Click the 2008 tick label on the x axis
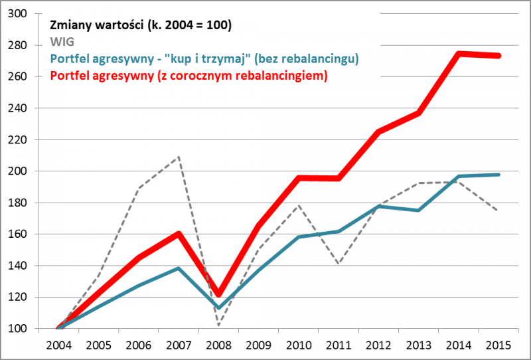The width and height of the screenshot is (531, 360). point(219,345)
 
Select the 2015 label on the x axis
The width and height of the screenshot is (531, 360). point(499,345)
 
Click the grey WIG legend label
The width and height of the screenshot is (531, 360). point(62,43)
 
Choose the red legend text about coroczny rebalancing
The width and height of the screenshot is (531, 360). point(189,76)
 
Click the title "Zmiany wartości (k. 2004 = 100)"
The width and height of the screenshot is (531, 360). point(140,26)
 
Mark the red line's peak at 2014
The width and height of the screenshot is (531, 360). point(459,53)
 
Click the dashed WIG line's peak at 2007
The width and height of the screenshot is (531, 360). point(179,157)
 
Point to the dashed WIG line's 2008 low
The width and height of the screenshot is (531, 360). point(219,325)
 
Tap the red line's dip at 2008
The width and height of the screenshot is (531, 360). point(219,294)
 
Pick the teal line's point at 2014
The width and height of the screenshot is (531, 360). point(459,177)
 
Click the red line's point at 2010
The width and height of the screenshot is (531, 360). point(299,178)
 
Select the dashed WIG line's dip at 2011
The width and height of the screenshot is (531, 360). point(339,264)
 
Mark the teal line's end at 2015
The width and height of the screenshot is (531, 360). point(499,175)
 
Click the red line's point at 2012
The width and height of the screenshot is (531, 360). point(379,132)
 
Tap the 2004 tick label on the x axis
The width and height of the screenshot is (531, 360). point(59,345)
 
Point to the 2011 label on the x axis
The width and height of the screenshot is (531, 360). point(339,345)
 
